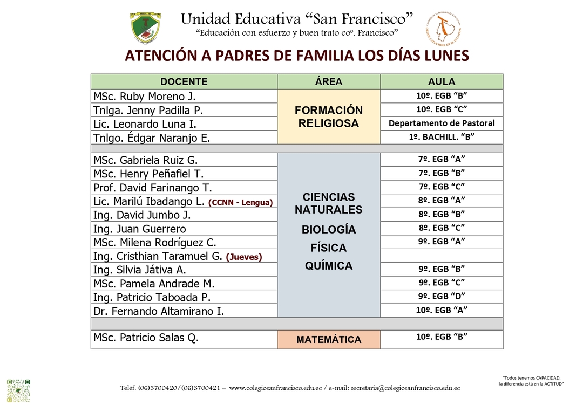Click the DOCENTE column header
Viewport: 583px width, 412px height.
184,82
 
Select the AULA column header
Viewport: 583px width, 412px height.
442,82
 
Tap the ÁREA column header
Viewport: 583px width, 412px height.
329,82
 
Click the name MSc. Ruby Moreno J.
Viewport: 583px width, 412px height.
144,97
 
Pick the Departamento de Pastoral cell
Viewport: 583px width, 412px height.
442,123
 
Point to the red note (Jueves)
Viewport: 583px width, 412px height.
244,257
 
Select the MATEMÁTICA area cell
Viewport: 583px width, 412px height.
329,340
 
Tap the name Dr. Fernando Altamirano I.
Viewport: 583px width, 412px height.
158,311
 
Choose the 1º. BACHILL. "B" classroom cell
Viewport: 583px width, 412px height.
442,137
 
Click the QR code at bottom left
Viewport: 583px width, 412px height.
18,390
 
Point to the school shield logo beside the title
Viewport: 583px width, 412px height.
145,28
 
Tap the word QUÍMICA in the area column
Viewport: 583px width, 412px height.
329,266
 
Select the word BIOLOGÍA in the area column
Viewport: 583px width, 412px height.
329,230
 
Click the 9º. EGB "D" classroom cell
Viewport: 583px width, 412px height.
442,296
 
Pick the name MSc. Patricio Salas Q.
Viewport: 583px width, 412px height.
146,338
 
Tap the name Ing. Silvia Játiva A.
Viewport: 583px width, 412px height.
139,270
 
